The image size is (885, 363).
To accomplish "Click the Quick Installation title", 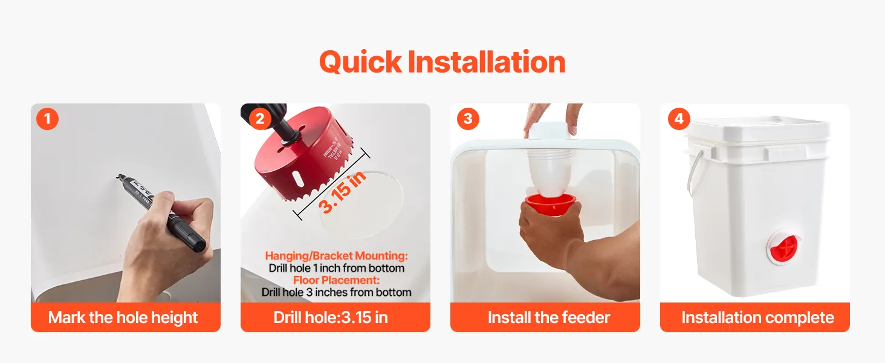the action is [442, 62].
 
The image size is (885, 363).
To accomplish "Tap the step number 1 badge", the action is [47, 119].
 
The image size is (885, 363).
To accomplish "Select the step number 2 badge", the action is [259, 119].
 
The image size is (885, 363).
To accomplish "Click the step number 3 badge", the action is [468, 119].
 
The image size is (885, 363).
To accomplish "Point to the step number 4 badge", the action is [679, 119].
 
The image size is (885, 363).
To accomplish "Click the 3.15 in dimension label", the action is [342, 192].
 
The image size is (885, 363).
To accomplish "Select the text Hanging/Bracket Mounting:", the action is [336, 256].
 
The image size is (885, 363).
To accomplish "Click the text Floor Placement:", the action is [336, 280].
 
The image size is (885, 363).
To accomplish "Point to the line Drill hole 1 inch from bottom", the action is [336, 268].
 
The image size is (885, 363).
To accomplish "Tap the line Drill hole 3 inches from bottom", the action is [336, 292].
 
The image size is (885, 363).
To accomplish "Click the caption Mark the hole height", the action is [123, 318].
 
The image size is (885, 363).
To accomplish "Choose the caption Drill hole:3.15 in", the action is [331, 318].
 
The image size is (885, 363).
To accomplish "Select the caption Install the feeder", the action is [549, 318].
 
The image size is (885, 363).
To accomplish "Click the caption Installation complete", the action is [758, 318].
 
